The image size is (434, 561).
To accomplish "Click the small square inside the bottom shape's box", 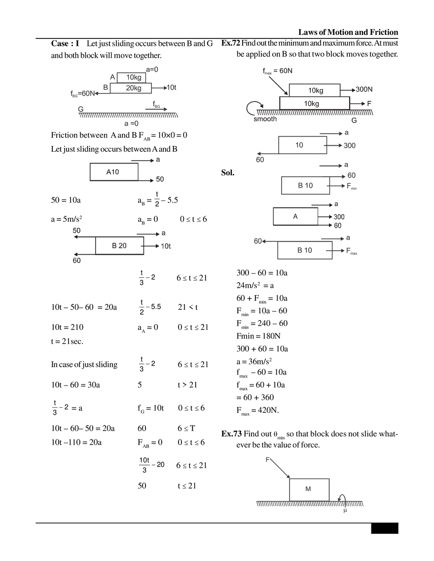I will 308,489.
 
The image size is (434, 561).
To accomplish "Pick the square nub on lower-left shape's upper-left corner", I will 76,230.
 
